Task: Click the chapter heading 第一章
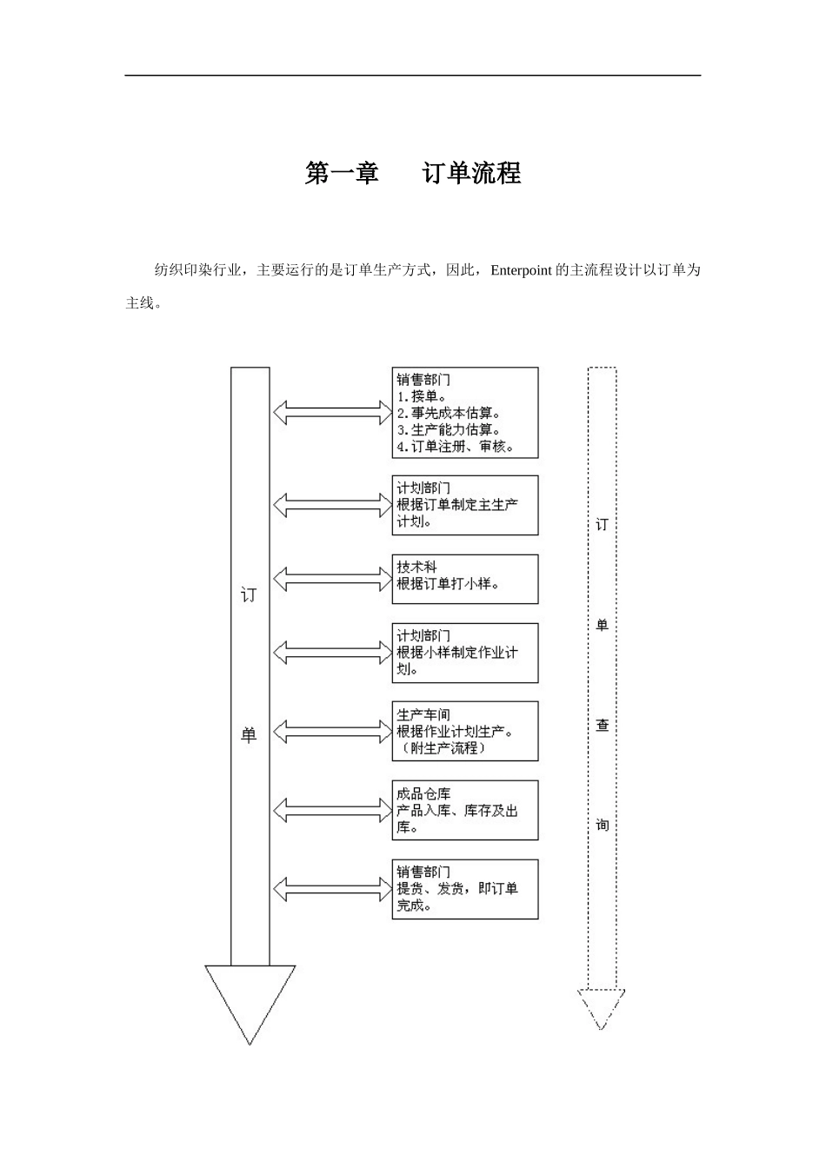tap(342, 173)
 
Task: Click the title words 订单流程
tap(471, 173)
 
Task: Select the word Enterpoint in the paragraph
tap(521, 270)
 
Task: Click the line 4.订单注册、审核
tap(455, 447)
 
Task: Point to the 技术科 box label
tap(417, 567)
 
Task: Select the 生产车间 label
tap(423, 714)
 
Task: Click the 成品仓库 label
tap(423, 793)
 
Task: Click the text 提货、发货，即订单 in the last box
tap(457, 888)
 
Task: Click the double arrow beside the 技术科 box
tap(332, 578)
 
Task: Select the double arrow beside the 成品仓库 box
tap(332, 810)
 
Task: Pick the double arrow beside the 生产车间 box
tap(332, 732)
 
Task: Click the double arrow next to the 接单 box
tap(332, 412)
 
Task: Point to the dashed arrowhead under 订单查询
tap(602, 1008)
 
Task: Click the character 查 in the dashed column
tap(602, 725)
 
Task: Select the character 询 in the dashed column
tap(602, 824)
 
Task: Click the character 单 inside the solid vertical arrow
tap(250, 735)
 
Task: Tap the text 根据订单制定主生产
tap(457, 505)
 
